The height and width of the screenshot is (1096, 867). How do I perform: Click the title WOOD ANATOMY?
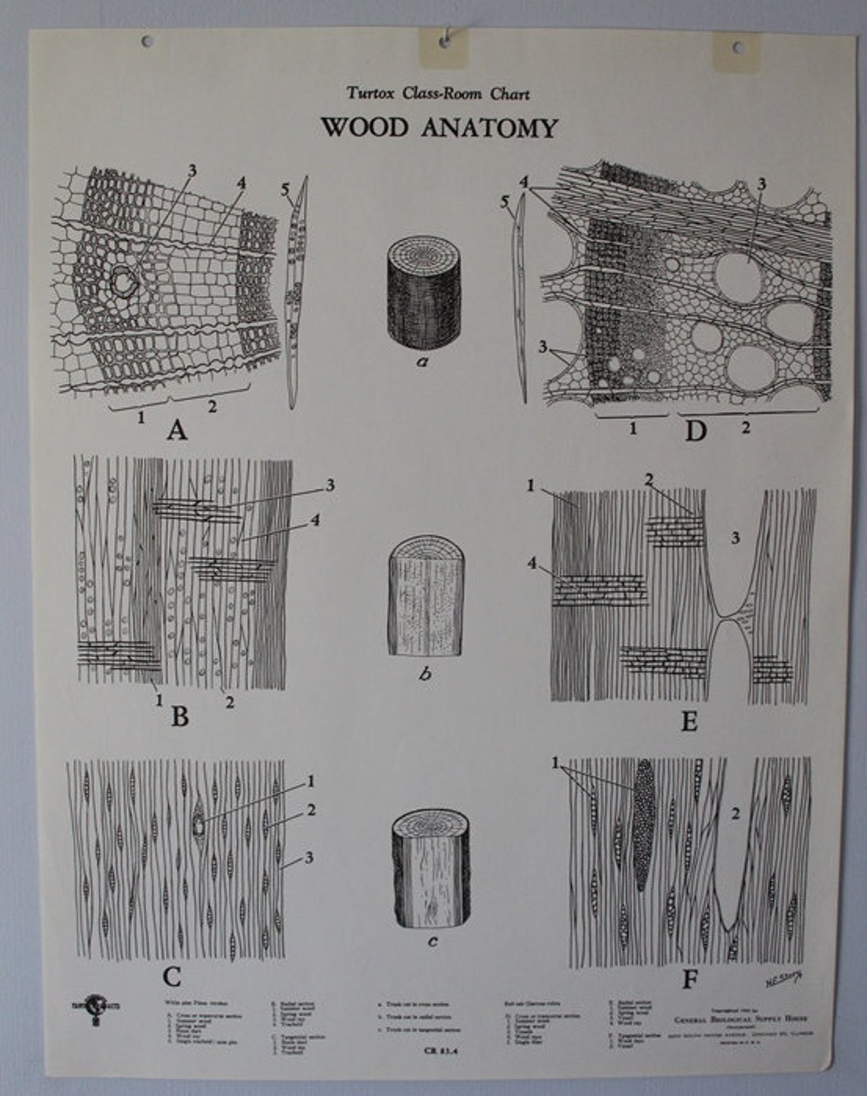click(439, 127)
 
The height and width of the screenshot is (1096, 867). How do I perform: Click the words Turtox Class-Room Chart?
click(438, 94)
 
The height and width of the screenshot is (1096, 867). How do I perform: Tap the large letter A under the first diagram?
click(176, 431)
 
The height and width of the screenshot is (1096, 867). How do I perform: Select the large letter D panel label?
click(695, 431)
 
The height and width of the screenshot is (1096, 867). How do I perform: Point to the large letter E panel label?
click(689, 720)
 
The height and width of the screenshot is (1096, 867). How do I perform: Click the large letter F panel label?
click(689, 979)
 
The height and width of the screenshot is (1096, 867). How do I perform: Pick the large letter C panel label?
click(172, 976)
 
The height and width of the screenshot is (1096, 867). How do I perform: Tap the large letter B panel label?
click(179, 716)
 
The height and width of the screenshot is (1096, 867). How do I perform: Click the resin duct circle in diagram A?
click(122, 282)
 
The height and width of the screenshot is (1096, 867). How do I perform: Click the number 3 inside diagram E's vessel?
click(735, 538)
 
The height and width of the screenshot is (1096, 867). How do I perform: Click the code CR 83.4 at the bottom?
click(434, 1053)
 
